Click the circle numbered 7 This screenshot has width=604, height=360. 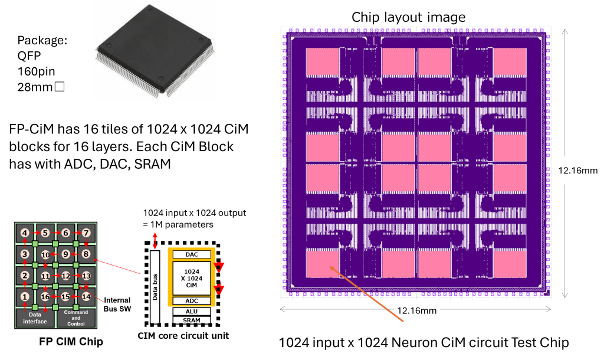[86, 233]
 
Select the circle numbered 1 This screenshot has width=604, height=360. [25, 296]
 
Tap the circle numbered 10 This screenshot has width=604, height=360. [45, 254]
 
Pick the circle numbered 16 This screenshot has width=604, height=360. [45, 296]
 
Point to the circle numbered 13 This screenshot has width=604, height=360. [86, 276]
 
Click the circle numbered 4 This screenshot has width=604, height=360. [25, 233]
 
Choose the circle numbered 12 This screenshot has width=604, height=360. [66, 276]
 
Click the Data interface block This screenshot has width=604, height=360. [35, 319]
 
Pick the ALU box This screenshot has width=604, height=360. [191, 311]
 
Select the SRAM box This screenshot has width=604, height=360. [191, 320]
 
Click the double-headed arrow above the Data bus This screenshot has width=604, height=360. [155, 241]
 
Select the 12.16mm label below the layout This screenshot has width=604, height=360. [417, 310]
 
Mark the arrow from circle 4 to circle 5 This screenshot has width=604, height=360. [35, 233]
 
